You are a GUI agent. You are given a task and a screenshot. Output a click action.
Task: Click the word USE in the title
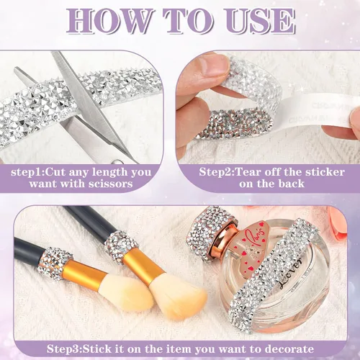click(x=260, y=21)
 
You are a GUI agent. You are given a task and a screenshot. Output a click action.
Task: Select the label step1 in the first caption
click(x=27, y=172)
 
